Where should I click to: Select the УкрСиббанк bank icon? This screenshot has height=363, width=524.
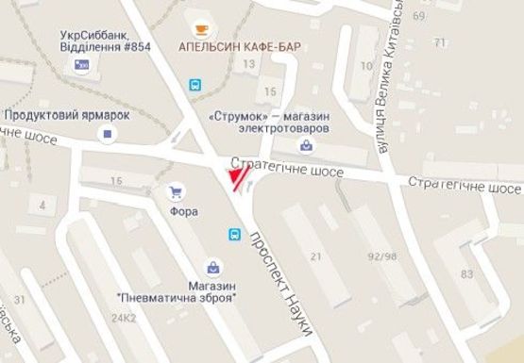click(x=81, y=64)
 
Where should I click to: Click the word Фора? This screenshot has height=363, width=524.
click(x=183, y=211)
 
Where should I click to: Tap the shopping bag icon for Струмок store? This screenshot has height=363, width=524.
click(x=307, y=144)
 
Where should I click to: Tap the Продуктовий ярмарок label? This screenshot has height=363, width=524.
click(x=66, y=114)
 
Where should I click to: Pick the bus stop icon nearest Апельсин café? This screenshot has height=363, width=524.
click(x=194, y=84)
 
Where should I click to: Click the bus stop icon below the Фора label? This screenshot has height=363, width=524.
click(x=232, y=234)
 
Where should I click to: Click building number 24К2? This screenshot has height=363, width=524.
click(x=124, y=319)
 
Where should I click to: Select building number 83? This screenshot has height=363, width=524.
click(x=465, y=273)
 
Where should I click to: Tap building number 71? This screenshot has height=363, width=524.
click(x=437, y=43)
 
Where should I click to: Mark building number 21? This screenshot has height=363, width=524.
click(x=315, y=256)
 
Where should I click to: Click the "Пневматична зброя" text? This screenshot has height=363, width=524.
click(x=176, y=298)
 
